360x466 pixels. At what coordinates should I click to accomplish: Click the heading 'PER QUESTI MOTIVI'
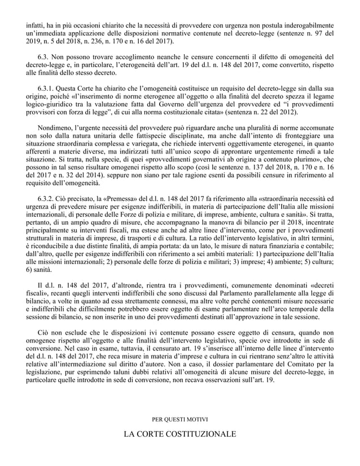click(181, 419)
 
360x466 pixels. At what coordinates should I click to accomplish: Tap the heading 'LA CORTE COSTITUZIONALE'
click(181, 434)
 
